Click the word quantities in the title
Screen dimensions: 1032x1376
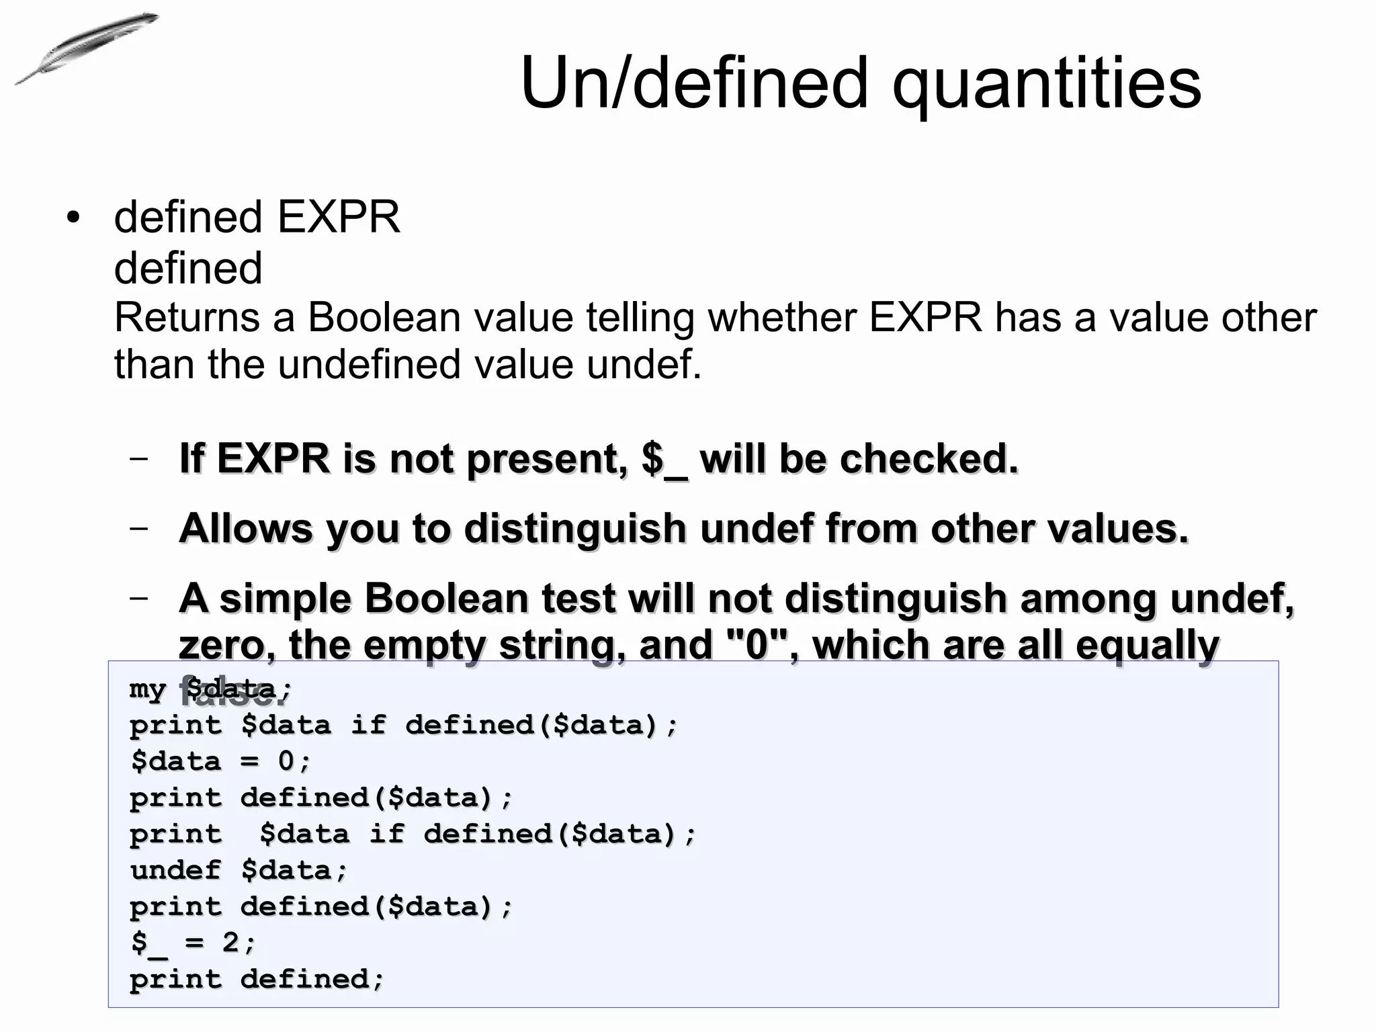click(x=1046, y=83)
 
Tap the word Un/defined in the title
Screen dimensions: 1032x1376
click(x=695, y=83)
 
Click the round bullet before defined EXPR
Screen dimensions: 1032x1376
click(x=73, y=218)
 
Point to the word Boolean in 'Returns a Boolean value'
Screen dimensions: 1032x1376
click(x=384, y=317)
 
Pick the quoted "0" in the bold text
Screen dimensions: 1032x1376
click(x=757, y=645)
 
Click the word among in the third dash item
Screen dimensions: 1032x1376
click(x=1088, y=598)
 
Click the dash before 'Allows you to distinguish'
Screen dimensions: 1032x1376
click(x=139, y=527)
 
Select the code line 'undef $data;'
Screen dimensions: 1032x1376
click(x=239, y=870)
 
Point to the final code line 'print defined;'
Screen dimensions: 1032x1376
click(x=257, y=979)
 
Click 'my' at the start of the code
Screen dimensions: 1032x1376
click(x=147, y=689)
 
